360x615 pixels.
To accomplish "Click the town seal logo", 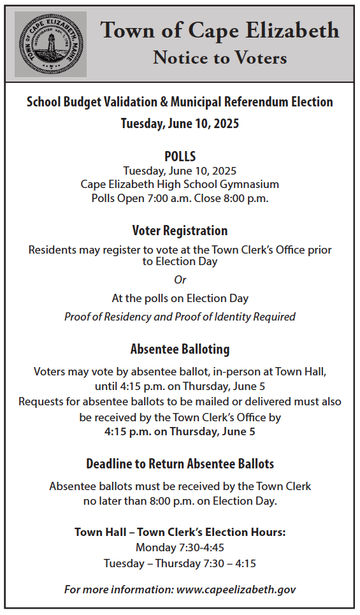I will (50, 45).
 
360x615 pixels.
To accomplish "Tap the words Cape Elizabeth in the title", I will (275, 30).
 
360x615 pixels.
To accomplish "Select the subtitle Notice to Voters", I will (220, 58).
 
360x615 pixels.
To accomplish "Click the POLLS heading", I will (180, 156).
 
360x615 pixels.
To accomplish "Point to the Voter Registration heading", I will (180, 230).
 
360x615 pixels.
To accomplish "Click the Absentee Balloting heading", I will (180, 349).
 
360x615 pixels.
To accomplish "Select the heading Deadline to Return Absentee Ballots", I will (180, 463).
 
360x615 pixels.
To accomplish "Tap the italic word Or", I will (180, 280).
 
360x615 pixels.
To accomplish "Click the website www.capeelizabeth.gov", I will (236, 590).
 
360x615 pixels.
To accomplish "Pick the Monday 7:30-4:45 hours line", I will (180, 547).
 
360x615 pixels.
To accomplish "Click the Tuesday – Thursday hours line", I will (180, 563).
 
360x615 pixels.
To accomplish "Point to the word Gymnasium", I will (248, 184).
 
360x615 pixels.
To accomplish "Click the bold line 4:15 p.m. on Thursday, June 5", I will (180, 431).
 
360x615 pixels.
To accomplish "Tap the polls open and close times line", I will (180, 198).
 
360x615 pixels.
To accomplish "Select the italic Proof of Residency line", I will (180, 317).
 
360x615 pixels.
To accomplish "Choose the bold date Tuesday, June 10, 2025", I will (180, 123).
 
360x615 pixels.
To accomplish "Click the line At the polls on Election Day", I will (180, 298).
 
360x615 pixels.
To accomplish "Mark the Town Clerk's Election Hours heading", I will (180, 532).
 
